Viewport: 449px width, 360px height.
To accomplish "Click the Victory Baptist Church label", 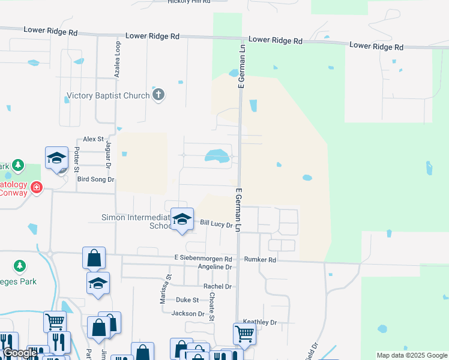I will click(x=108, y=95).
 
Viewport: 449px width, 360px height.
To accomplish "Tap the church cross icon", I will click(x=158, y=95).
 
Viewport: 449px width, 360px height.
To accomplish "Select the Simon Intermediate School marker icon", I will click(x=182, y=218).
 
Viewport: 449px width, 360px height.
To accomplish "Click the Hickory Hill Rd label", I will click(x=190, y=2).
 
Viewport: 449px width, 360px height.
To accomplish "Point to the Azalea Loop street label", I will click(x=117, y=59).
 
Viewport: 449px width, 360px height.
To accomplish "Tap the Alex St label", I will click(x=94, y=139).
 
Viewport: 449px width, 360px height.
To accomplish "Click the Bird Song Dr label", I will click(x=91, y=179).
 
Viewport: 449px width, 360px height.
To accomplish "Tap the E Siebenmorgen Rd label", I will click(x=203, y=259).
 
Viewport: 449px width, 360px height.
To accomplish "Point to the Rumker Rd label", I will click(x=260, y=260).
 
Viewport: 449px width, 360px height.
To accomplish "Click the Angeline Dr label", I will click(x=215, y=267).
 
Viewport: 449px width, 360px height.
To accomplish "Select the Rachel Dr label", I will click(x=217, y=287).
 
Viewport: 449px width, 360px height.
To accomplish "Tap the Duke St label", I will click(x=187, y=299).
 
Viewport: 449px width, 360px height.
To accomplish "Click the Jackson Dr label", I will click(x=188, y=313).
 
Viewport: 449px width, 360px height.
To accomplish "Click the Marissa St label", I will click(x=163, y=289).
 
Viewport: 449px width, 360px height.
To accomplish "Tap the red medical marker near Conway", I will click(x=37, y=187).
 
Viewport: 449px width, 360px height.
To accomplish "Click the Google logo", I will click(x=20, y=353).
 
